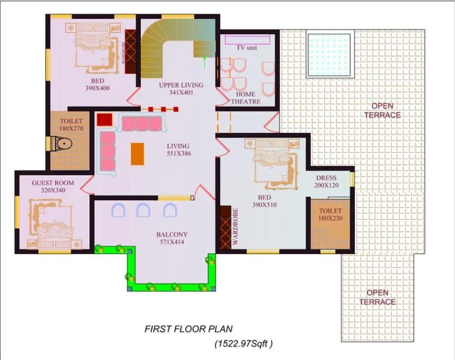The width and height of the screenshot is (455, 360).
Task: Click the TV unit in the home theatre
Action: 248,39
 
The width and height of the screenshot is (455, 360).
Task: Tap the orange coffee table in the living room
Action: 138,154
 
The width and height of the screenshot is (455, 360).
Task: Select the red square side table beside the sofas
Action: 104,120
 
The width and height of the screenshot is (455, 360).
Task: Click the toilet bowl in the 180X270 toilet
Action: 62,144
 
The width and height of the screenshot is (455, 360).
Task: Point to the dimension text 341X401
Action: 181,93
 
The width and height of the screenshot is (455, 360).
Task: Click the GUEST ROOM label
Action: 53,183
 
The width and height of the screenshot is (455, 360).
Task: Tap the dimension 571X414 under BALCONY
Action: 172,242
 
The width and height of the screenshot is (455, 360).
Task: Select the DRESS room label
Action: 327,178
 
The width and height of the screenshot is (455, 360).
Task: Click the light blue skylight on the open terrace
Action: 329,55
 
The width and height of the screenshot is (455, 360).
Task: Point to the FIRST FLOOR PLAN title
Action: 189,329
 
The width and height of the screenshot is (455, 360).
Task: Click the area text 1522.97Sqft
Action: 243,344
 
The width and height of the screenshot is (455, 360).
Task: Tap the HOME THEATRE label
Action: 245,98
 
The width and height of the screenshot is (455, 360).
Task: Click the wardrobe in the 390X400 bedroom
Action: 130,52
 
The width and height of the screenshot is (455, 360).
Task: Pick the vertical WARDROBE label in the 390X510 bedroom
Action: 235,226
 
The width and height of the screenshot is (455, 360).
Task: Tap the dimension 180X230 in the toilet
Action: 330,218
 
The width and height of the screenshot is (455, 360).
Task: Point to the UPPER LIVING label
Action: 181,85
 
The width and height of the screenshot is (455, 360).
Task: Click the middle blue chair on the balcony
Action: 143,210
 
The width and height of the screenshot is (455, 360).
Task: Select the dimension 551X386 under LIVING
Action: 179,153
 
